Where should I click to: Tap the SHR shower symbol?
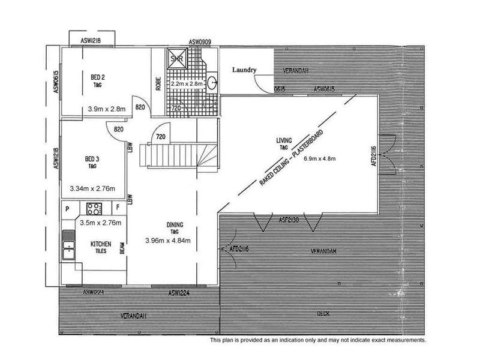177,59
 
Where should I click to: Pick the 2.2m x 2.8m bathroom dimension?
187,84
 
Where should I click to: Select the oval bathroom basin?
214,85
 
